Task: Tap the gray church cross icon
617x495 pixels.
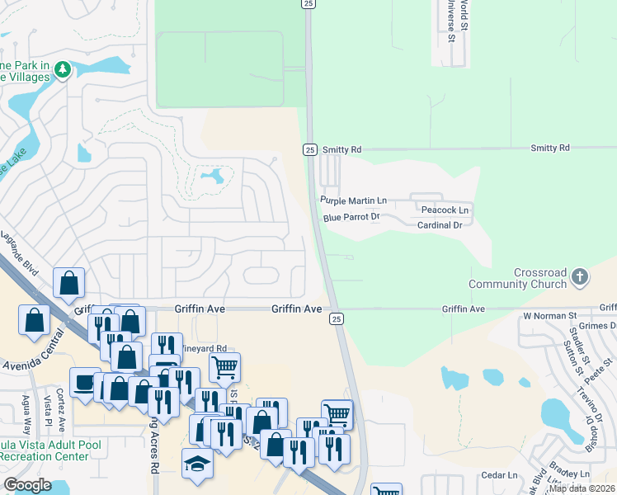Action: point(580,276)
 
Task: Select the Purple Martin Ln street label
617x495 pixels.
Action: point(354,200)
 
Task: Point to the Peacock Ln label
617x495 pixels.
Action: point(444,210)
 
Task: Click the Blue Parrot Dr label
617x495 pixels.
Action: point(351,217)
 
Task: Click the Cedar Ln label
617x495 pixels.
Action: point(498,475)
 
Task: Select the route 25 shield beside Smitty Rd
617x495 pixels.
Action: point(308,149)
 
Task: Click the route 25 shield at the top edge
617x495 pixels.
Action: point(308,4)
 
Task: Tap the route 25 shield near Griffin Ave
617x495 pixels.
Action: point(336,318)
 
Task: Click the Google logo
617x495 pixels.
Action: point(27,485)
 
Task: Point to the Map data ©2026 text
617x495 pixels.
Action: point(582,488)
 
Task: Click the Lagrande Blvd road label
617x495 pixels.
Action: point(20,249)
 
